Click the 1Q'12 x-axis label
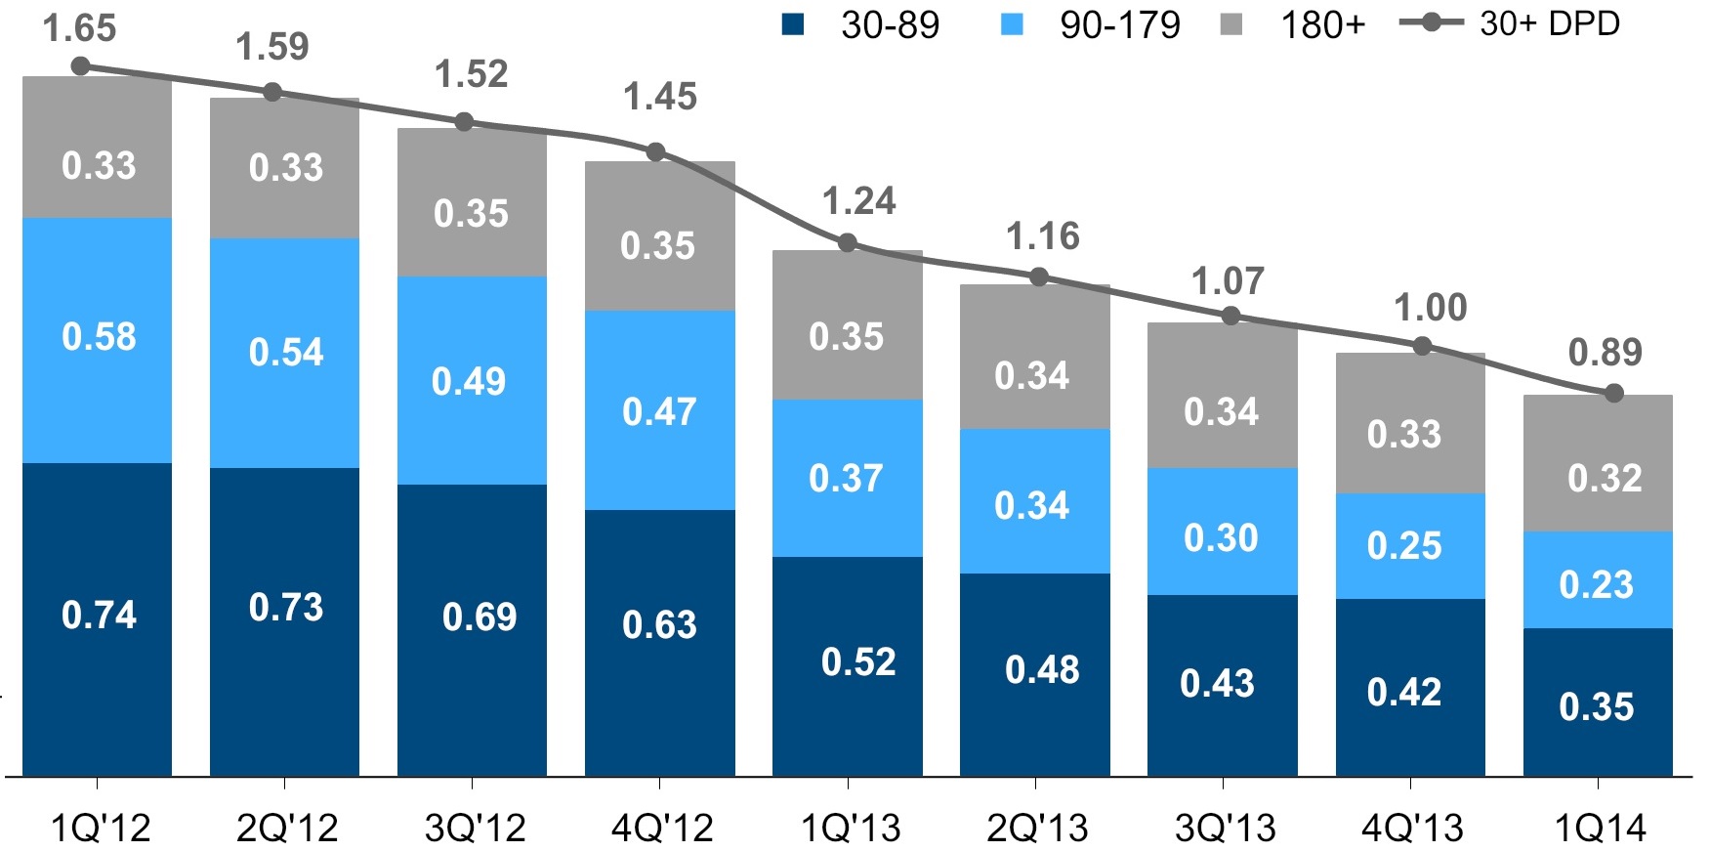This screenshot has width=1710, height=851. (x=100, y=829)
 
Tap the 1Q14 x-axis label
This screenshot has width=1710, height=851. (x=1599, y=829)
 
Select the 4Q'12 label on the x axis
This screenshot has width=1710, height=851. (x=662, y=829)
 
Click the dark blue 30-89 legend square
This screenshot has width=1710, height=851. (x=793, y=24)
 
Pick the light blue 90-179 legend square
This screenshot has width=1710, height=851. (x=1013, y=24)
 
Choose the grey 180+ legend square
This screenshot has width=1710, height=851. (x=1232, y=24)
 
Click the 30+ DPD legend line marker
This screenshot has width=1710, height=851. (x=1431, y=22)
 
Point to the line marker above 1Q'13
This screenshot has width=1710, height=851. (x=848, y=242)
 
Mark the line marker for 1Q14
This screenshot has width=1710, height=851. (x=1613, y=393)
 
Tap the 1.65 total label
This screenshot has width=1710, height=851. (x=79, y=28)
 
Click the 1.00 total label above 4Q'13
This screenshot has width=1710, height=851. (x=1430, y=308)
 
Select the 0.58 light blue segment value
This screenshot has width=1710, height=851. (x=99, y=337)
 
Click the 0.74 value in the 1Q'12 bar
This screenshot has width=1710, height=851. (x=99, y=616)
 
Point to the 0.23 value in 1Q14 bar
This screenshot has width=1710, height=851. (x=1596, y=584)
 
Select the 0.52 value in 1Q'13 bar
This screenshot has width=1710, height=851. (x=857, y=662)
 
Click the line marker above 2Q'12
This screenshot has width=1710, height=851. (x=273, y=92)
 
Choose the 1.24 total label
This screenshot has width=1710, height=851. (x=858, y=201)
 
